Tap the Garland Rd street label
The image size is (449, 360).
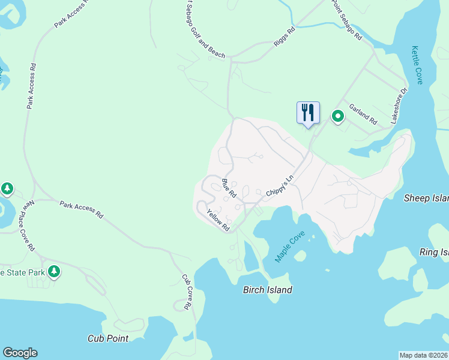[363, 112]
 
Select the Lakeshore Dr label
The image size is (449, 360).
[399, 106]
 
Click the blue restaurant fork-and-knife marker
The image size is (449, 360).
[308, 113]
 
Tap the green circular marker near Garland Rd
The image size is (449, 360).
[337, 116]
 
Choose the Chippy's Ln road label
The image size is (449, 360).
[281, 187]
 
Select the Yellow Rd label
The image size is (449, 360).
[218, 220]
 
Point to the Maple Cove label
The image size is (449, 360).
[290, 246]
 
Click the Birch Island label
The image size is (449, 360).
[267, 290]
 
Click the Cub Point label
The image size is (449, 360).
[107, 338]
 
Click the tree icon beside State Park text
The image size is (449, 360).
[54, 272]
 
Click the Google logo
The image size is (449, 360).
[20, 353]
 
